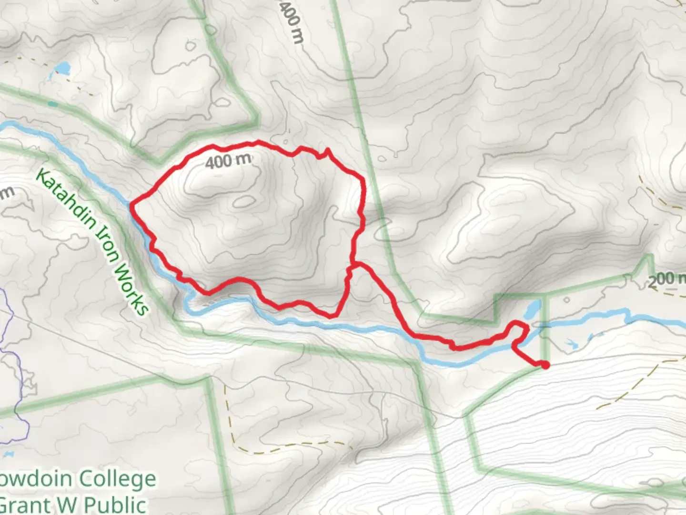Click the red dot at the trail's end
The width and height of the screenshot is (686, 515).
[545, 365]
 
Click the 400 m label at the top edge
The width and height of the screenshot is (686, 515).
[290, 21]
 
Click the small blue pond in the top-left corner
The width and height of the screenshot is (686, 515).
[62, 69]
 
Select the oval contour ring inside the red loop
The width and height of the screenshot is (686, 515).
[243, 202]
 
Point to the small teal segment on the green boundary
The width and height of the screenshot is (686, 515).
[53, 103]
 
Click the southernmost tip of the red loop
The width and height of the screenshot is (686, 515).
[333, 316]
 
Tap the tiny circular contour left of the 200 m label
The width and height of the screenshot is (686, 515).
[566, 300]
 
